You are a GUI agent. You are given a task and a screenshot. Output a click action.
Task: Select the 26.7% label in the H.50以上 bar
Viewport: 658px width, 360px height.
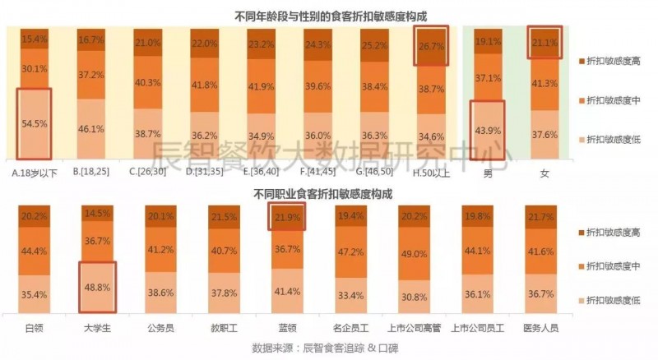coord(431,45)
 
